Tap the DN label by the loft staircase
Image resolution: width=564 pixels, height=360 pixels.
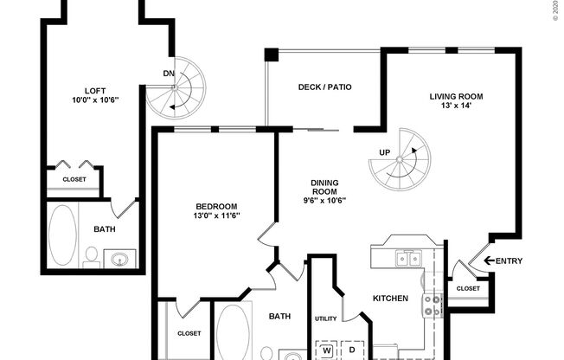(x=168, y=74)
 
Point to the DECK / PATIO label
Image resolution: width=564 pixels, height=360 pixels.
(x=324, y=87)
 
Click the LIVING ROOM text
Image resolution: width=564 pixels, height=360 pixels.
(x=456, y=96)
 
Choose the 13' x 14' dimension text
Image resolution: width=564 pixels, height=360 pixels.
(x=456, y=106)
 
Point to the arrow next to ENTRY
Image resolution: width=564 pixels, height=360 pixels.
(x=490, y=260)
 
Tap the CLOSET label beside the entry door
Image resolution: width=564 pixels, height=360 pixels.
(x=468, y=288)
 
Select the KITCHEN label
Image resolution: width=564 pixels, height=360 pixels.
(x=390, y=299)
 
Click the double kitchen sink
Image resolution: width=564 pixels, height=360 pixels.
(x=406, y=258)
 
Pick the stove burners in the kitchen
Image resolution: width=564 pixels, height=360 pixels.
(x=432, y=304)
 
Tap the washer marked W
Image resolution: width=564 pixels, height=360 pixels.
(x=327, y=350)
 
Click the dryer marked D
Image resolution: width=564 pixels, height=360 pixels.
(x=352, y=350)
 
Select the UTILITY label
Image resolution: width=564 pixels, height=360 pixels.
(x=325, y=319)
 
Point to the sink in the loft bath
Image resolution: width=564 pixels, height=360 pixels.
(x=119, y=258)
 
